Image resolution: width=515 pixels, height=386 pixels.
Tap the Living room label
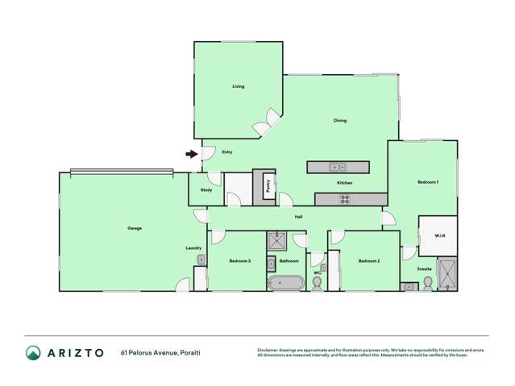point(238,86)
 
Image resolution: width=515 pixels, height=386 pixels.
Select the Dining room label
point(340,121)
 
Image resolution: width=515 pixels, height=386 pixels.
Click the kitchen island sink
point(337,168)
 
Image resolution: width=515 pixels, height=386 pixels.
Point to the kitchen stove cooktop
point(343,199)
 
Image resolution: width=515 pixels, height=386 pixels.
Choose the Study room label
point(206,190)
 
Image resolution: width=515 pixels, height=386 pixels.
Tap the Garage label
point(135,228)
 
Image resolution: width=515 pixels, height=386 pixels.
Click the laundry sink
point(201,259)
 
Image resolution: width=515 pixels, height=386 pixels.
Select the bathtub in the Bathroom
point(286,283)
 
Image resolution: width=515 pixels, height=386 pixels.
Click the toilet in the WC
point(317,284)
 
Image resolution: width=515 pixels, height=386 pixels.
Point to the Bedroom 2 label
point(368,261)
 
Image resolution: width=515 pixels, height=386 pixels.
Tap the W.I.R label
point(439,236)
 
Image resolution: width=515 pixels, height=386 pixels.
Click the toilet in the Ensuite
point(428,283)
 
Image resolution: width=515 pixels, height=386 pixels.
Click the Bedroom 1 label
point(427,182)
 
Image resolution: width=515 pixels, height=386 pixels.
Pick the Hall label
point(297,216)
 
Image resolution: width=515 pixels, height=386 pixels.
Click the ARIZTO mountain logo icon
point(33,352)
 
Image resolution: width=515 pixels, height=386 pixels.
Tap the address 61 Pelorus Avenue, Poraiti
point(160,353)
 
